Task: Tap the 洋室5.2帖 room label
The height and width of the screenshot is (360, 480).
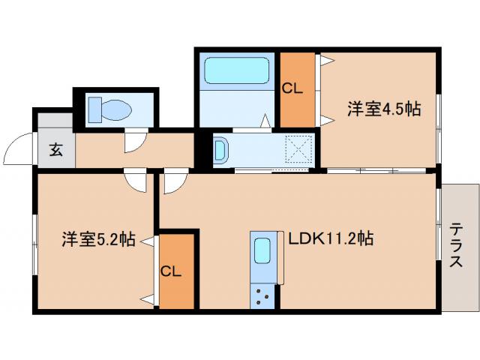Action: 98,240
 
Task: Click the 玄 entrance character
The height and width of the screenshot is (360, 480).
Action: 56,148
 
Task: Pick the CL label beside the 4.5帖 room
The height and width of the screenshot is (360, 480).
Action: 292,88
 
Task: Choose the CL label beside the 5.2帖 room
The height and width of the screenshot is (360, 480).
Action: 171,271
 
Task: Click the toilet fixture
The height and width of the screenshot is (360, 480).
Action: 110,109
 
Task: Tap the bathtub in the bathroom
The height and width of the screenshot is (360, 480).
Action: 235,72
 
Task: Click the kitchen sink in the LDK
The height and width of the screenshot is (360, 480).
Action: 263,250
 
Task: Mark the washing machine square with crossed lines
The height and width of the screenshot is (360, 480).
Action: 300,150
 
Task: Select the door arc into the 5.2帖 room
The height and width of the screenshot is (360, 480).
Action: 135,182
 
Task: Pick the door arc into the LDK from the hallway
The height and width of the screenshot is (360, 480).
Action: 174,182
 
